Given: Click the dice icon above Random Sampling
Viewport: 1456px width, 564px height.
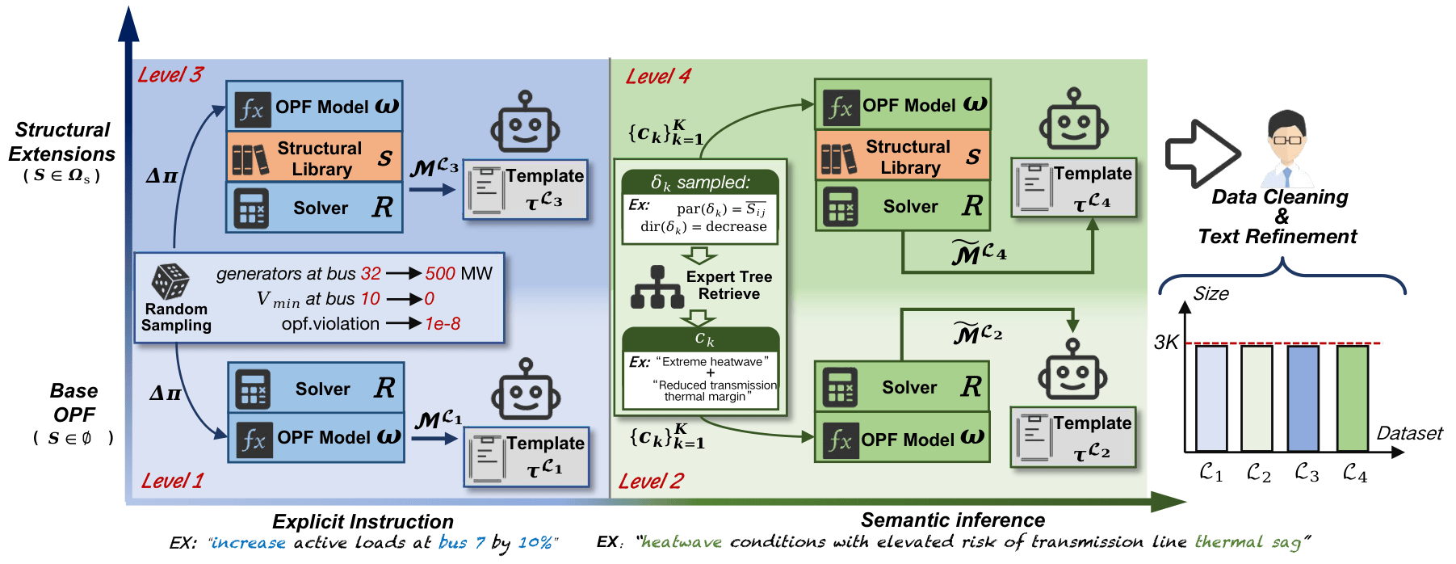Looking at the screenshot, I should click(x=170, y=281).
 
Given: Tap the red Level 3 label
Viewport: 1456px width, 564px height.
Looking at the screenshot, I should click(x=170, y=75).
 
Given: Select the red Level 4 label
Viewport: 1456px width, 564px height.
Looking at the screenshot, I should click(x=658, y=77).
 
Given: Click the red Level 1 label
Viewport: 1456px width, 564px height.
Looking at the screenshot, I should click(x=172, y=482).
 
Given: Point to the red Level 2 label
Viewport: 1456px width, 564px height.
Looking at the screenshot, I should click(x=651, y=482).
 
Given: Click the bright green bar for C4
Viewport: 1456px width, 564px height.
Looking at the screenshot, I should click(x=1353, y=398).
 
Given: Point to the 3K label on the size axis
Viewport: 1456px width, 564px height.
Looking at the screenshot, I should click(x=1166, y=343).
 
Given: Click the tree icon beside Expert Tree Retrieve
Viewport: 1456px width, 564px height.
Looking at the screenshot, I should click(x=657, y=288).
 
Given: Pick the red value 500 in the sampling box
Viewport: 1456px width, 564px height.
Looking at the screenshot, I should click(x=440, y=274).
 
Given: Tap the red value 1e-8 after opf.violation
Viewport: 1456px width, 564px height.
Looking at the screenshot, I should click(x=443, y=324).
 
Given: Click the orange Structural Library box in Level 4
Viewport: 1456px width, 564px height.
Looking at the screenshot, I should click(x=903, y=157).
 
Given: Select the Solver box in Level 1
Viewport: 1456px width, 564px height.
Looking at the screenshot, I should click(x=316, y=389).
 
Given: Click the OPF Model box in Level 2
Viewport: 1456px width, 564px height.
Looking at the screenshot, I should click(x=903, y=440).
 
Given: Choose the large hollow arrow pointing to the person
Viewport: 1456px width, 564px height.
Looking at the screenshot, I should click(x=1202, y=154).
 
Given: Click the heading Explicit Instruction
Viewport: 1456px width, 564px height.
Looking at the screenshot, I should click(x=363, y=522).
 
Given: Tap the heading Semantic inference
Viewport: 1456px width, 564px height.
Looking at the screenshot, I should click(x=953, y=520).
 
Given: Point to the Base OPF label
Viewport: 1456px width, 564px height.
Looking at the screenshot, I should click(x=73, y=403).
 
